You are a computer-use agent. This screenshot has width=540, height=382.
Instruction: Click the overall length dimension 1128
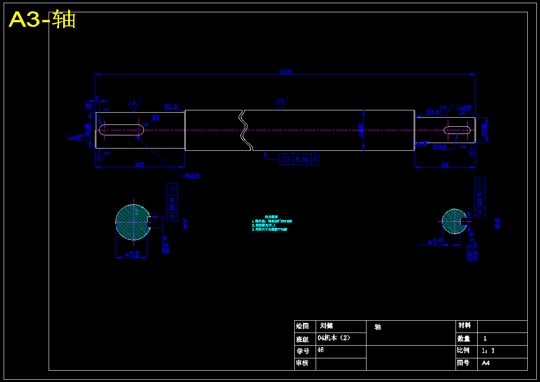click(x=285, y=72)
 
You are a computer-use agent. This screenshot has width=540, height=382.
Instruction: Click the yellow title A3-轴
click(x=42, y=20)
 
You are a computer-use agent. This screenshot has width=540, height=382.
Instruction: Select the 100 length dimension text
click(x=139, y=164)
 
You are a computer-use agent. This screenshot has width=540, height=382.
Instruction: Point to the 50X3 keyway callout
click(x=192, y=176)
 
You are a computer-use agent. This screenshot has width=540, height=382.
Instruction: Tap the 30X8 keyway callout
click(x=439, y=147)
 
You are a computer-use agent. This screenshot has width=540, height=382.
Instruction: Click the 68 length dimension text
click(x=445, y=165)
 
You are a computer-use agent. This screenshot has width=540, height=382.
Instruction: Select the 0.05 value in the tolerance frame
click(x=302, y=159)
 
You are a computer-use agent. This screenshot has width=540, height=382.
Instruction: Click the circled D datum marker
click(x=471, y=153)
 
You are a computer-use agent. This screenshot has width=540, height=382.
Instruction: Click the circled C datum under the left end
click(x=99, y=158)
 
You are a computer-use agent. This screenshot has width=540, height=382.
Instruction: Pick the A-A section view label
click(x=185, y=224)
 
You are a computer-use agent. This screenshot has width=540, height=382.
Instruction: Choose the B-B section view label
click(x=497, y=223)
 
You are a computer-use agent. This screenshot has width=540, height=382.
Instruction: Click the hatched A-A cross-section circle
click(x=133, y=222)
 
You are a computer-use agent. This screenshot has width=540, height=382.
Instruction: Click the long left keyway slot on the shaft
click(x=121, y=130)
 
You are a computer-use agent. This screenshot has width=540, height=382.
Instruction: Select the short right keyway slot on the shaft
click(x=457, y=130)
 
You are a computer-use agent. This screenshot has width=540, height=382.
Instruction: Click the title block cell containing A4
click(x=486, y=363)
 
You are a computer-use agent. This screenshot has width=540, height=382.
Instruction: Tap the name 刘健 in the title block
click(x=327, y=326)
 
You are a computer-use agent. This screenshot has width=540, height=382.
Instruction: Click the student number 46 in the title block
click(x=321, y=350)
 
